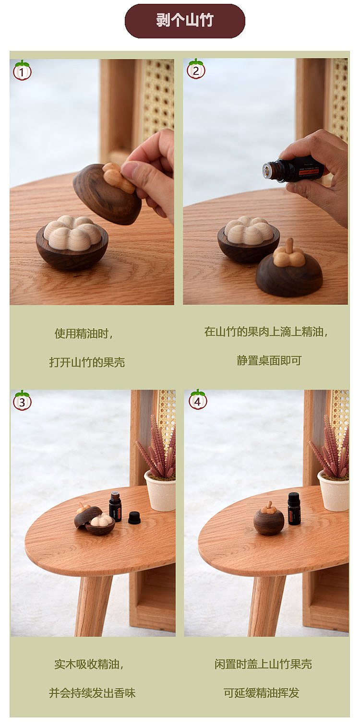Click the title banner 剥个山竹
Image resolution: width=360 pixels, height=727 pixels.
pyautogui.click(x=185, y=21)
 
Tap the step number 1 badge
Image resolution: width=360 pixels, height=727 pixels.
pyautogui.click(x=22, y=70)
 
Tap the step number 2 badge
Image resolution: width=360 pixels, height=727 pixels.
pyautogui.click(x=196, y=69)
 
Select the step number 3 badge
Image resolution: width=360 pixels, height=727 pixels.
pyautogui.click(x=22, y=401)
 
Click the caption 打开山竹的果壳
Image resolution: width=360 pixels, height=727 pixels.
pyautogui.click(x=87, y=362)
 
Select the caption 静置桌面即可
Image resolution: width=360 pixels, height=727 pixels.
pyautogui.click(x=269, y=360)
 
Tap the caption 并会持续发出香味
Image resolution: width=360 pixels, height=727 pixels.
pyautogui.click(x=92, y=693)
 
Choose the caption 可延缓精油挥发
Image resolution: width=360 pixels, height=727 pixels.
pyautogui.click(x=261, y=692)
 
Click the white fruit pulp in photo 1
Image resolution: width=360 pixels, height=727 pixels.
pyautogui.click(x=72, y=232)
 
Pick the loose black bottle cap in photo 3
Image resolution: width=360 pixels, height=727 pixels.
pyautogui.click(x=134, y=518)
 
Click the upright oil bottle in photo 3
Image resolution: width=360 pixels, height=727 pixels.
pyautogui.click(x=115, y=507)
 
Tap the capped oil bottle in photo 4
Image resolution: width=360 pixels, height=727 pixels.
pyautogui.click(x=294, y=509)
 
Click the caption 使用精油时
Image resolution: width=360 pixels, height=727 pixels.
pyautogui.click(x=84, y=334)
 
